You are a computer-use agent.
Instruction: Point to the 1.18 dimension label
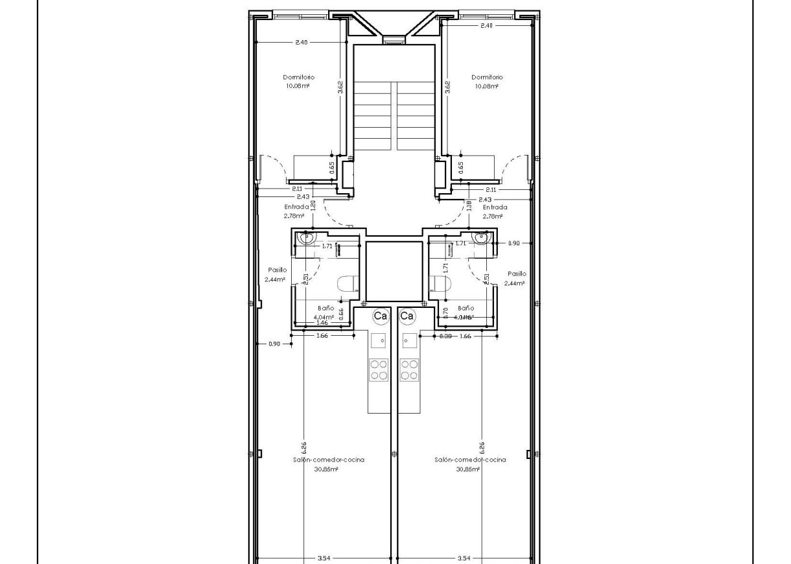[x=469, y=206]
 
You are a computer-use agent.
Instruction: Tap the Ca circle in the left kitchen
[x=381, y=316]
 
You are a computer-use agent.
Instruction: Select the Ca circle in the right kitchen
[x=407, y=316]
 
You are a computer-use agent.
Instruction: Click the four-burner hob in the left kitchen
[x=379, y=370]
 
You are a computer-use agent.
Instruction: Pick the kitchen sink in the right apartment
[x=410, y=339]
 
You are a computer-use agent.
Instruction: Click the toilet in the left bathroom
[x=345, y=283]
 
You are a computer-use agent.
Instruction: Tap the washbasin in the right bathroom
[x=481, y=238]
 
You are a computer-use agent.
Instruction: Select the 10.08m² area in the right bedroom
[x=487, y=86]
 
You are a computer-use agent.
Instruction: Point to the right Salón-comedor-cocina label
[x=470, y=460]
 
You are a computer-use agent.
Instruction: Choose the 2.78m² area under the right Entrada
[x=494, y=216]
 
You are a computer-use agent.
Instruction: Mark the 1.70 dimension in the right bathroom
[x=445, y=311]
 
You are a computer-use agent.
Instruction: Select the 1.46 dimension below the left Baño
[x=322, y=322]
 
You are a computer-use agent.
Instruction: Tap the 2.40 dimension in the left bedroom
[x=301, y=42]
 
